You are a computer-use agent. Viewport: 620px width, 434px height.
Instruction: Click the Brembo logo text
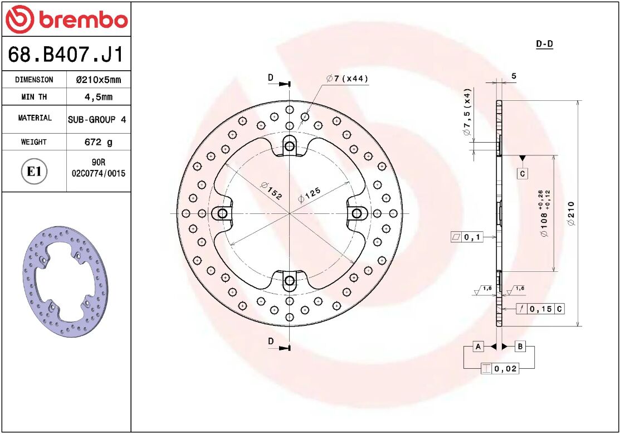(82, 20)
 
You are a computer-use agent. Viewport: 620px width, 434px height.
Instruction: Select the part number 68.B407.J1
(66, 55)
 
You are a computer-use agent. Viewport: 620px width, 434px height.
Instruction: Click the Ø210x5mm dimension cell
(98, 80)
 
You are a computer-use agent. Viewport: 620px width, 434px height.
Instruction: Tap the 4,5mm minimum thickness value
(98, 97)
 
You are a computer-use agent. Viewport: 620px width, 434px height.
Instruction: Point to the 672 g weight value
(98, 142)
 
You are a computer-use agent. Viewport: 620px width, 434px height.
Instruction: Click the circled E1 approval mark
(35, 171)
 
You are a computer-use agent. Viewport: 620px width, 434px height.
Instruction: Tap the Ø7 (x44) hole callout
(347, 79)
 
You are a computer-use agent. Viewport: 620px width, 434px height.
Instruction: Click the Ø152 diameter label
(271, 191)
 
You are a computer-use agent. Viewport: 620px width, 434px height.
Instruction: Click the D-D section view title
(544, 44)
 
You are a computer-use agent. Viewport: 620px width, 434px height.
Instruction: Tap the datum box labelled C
(523, 174)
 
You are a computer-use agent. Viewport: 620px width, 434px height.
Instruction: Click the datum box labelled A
(478, 347)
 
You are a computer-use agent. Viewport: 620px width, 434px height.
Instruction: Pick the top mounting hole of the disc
(289, 147)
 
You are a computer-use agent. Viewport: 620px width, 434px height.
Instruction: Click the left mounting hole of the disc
(222, 213)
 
